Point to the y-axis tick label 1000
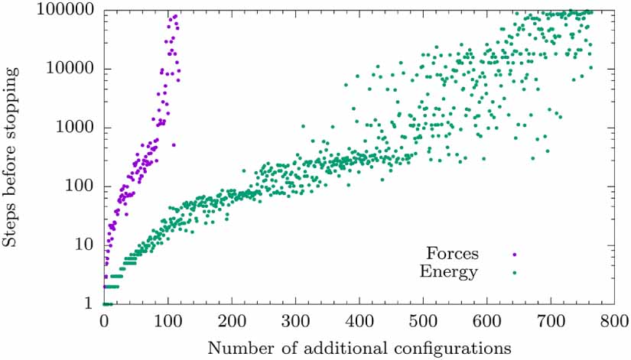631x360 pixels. (x=74, y=128)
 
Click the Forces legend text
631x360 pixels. (x=453, y=252)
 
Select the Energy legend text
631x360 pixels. (x=450, y=271)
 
